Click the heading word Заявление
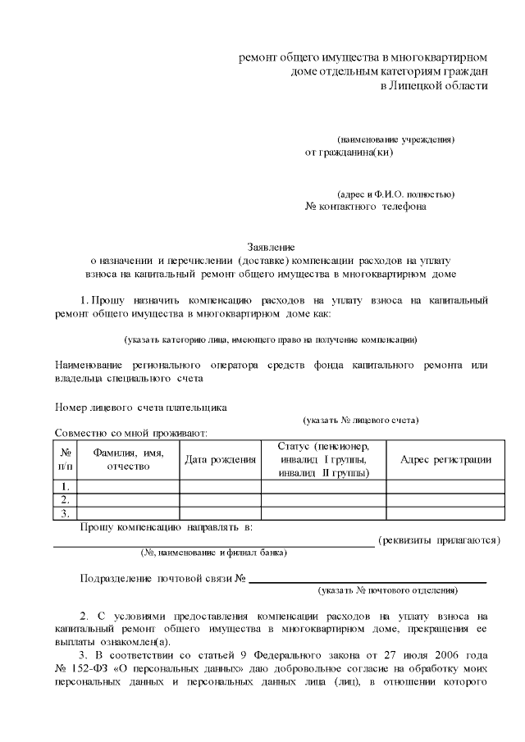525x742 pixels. pos(272,246)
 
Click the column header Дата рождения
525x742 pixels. pos(220,460)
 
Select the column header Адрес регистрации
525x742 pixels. pos(445,460)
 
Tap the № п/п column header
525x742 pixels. pos(65,460)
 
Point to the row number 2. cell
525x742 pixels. pos(65,499)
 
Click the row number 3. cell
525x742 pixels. pos(65,513)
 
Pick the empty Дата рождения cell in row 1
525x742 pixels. pos(220,486)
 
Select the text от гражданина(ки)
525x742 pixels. pos(349,152)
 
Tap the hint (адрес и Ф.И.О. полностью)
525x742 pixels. pos(396,194)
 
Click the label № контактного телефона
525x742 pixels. pos(365,207)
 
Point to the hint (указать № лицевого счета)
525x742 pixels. pos(361,421)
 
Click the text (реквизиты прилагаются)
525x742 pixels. pos(439,540)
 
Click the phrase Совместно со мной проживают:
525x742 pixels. pos(130,433)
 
